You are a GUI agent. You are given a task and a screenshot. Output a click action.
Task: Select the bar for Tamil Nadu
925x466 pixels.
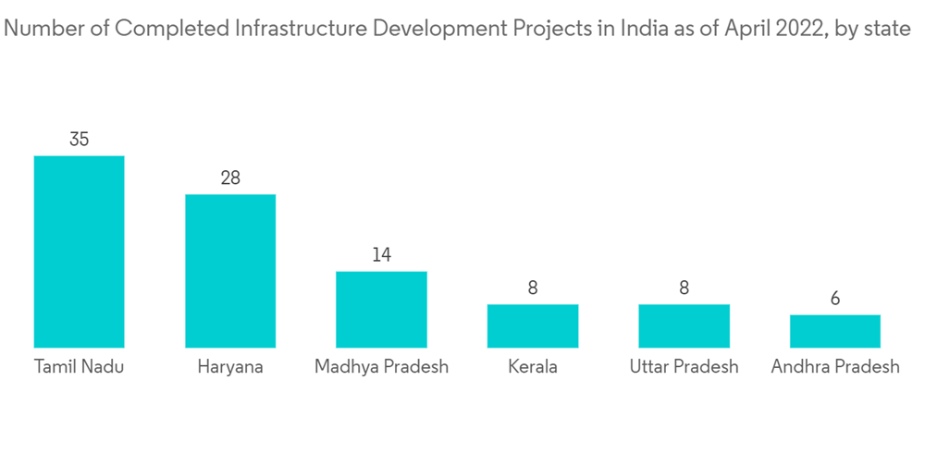pos(80,251)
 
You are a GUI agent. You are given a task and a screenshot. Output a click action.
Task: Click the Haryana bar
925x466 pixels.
pos(230,271)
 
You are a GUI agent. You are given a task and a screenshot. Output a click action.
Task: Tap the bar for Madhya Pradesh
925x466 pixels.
pos(381,309)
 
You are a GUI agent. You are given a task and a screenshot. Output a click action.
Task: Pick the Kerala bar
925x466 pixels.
pos(533,325)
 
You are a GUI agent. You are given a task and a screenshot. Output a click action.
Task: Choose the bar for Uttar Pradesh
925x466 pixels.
pos(684,325)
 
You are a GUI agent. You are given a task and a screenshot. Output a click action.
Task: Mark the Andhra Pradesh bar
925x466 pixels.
pos(835,331)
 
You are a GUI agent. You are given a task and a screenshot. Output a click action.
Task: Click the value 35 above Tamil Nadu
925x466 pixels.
pos(80,140)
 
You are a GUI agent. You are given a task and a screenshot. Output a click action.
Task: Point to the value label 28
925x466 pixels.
pos(230,178)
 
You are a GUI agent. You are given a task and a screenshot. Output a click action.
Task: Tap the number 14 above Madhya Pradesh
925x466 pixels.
pos(381,255)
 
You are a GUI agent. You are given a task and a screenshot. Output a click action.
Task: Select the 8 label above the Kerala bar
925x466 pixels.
pos(533,288)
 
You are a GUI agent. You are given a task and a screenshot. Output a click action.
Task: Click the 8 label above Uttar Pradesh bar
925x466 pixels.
pos(684,288)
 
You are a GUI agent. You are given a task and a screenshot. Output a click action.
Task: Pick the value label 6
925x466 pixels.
pos(835,299)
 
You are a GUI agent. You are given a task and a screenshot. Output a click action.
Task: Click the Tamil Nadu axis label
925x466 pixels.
pos(80,367)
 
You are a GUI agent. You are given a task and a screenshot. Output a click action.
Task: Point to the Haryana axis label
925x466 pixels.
pos(230,367)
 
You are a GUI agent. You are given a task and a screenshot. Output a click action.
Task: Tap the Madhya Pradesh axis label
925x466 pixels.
pos(381,367)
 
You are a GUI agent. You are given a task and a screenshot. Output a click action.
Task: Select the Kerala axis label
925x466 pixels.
pos(533,367)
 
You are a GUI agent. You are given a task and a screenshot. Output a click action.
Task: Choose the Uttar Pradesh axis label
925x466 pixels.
pos(684,367)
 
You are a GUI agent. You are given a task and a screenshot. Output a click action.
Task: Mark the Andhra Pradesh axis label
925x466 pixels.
pos(835,367)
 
